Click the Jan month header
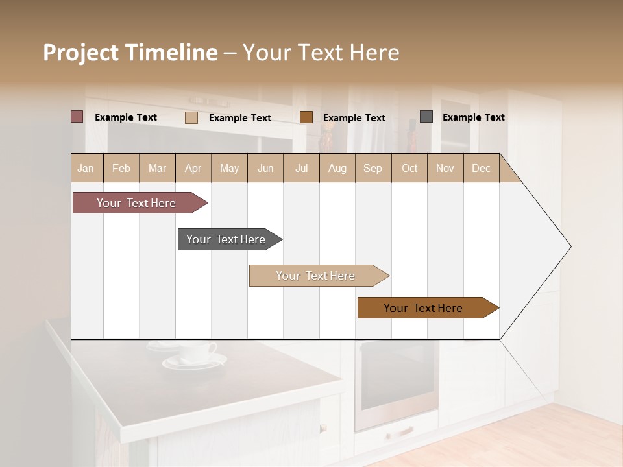tap(86, 168)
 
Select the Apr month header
tap(193, 168)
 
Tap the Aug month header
tap(337, 168)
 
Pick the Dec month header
tap(481, 168)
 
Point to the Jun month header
tap(265, 168)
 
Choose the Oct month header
tap(409, 168)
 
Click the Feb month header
tap(121, 168)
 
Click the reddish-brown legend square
tap(77, 117)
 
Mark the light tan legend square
tap(191, 117)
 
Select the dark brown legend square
tap(306, 117)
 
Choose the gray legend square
tap(426, 117)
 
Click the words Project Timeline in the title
tap(130, 53)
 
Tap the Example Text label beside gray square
tap(473, 117)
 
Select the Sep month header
tap(373, 168)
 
